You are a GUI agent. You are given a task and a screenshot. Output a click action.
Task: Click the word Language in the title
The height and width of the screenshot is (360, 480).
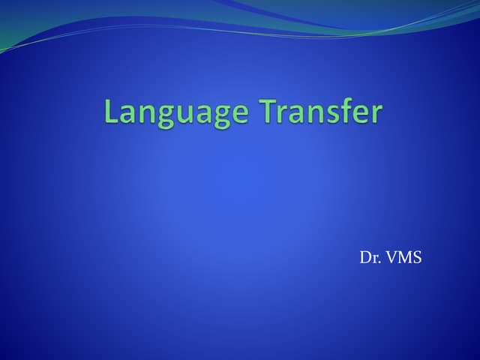tap(178, 113)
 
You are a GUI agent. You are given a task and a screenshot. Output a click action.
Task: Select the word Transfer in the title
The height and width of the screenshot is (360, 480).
tap(322, 112)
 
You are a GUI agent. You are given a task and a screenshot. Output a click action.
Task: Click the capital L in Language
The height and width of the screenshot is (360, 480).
tap(111, 112)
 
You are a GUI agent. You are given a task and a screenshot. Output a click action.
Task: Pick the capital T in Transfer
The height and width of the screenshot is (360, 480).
tap(269, 112)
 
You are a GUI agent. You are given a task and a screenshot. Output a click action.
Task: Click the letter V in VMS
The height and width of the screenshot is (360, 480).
tap(390, 259)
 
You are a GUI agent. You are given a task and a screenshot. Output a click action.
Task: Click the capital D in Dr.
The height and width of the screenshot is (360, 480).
tap(364, 259)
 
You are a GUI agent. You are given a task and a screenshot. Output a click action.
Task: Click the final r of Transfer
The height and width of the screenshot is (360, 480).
tap(376, 115)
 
